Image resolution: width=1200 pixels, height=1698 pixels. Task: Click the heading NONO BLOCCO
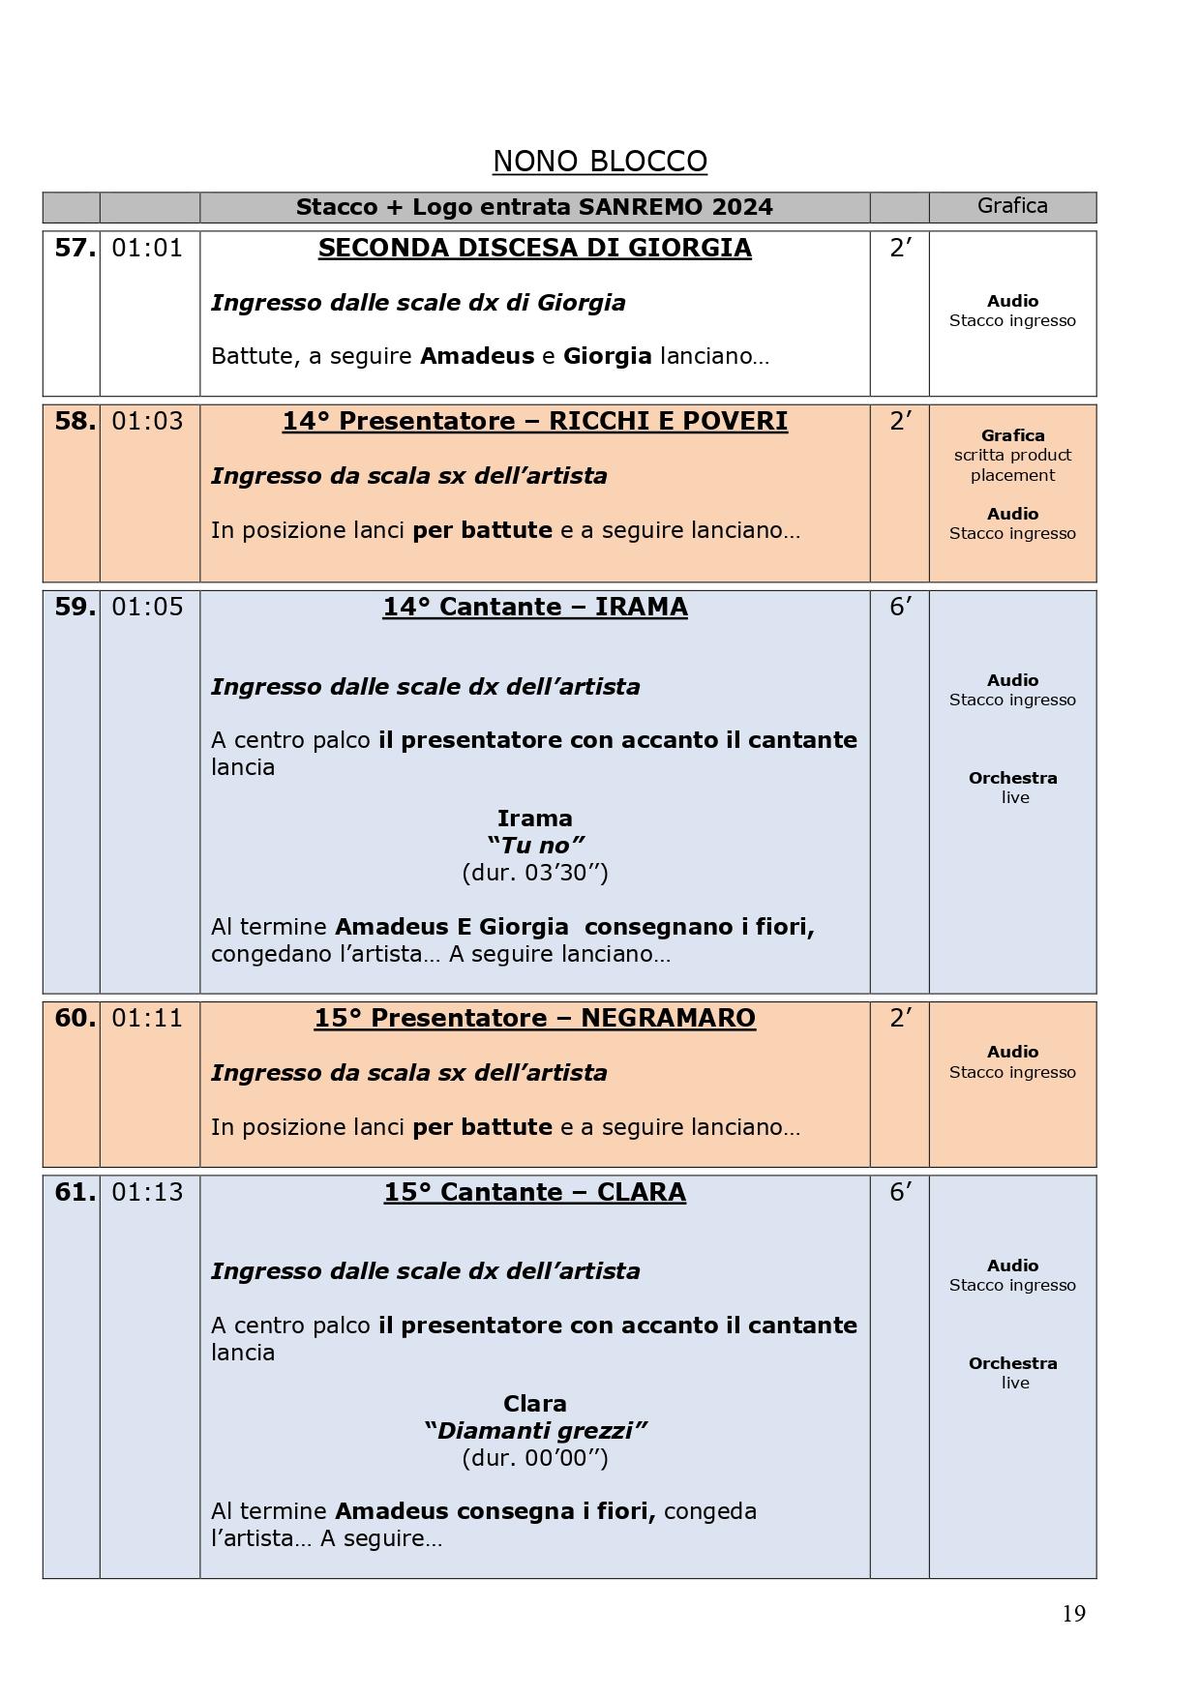point(599,161)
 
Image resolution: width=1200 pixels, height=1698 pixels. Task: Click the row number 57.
point(74,249)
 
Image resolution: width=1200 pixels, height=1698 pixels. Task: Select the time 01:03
point(147,422)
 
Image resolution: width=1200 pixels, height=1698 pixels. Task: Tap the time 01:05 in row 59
point(147,608)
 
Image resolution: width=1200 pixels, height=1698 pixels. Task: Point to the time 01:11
point(147,1019)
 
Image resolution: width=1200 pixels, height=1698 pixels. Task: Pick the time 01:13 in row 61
point(147,1193)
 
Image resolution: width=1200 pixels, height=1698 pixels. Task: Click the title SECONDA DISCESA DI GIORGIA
point(534,249)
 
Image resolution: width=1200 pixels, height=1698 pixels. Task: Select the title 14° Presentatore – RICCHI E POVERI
point(534,422)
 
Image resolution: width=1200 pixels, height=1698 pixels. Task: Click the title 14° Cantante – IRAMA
point(534,608)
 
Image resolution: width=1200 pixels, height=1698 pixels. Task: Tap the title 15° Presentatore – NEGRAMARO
point(534,1019)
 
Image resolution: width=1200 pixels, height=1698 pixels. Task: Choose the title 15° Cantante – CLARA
point(534,1193)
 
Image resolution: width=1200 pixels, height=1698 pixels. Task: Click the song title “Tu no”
point(534,846)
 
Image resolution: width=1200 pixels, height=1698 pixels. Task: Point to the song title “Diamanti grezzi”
point(534,1431)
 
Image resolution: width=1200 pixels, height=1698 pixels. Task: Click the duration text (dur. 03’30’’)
point(534,873)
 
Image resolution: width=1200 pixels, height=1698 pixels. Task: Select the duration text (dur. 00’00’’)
point(534,1458)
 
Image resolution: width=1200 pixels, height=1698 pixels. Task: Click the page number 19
point(1073,1614)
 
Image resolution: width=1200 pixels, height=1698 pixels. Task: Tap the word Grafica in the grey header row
point(1012,206)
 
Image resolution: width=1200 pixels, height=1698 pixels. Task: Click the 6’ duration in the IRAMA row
point(899,608)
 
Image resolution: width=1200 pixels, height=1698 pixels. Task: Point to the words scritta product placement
point(1012,465)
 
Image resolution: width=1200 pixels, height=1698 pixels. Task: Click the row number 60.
point(74,1019)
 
